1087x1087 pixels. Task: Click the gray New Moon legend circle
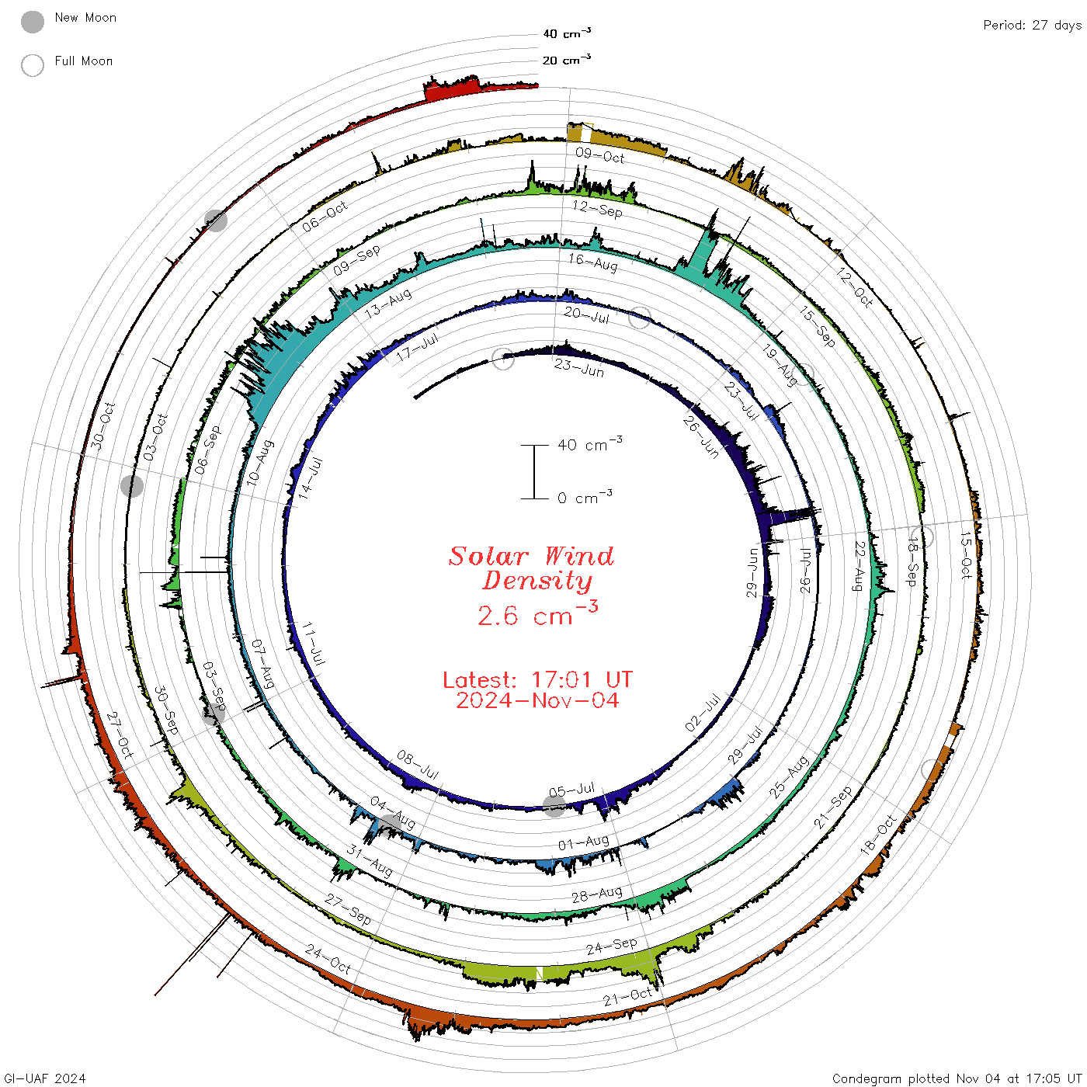point(32,22)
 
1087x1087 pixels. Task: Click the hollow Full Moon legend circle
point(32,65)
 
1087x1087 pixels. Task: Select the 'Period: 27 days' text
point(1033,26)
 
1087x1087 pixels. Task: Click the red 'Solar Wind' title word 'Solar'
point(488,556)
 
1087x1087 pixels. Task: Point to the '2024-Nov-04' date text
point(537,700)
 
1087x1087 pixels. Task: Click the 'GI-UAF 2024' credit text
point(44,1078)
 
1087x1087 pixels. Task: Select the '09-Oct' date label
point(599,156)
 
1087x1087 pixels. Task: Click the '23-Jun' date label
point(578,367)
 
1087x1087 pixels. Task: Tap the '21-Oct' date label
point(627,997)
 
